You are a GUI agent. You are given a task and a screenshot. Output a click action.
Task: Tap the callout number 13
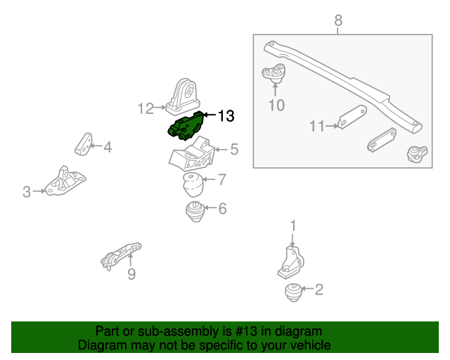(x=225, y=115)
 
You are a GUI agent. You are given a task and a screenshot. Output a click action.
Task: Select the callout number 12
(x=146, y=108)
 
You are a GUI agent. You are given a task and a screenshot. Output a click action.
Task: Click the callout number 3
(x=27, y=191)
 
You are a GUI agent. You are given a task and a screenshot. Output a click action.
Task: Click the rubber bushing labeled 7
(x=191, y=184)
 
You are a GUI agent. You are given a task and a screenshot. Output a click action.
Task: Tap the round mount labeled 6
(x=195, y=210)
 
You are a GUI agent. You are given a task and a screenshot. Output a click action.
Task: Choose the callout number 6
(x=222, y=209)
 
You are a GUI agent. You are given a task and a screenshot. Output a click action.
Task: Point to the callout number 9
(x=131, y=274)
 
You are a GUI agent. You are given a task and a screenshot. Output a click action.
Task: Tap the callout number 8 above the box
(x=338, y=21)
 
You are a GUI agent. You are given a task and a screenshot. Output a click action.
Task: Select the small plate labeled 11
(x=351, y=118)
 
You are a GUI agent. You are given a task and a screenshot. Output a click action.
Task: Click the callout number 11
(x=316, y=127)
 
